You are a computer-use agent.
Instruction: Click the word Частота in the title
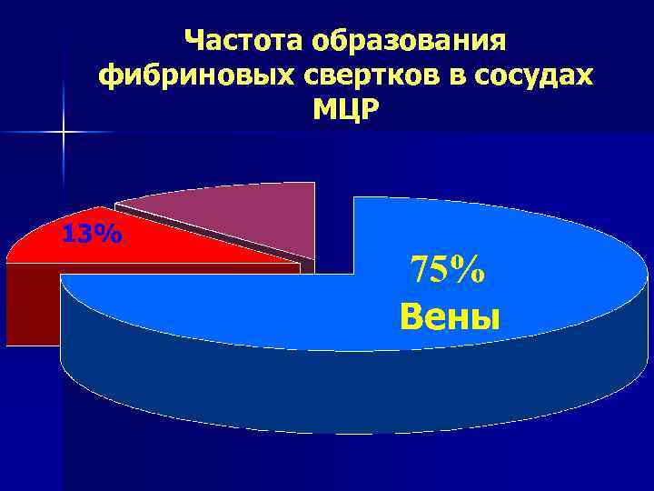[x=243, y=40]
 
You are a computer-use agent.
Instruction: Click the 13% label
[x=91, y=235]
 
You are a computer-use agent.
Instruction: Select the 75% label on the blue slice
[x=448, y=270]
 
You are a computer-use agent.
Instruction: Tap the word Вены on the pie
[x=450, y=317]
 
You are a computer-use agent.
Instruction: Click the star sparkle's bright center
[x=64, y=134]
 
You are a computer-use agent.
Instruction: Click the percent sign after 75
[x=471, y=270]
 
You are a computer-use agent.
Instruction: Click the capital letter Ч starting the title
[x=194, y=40]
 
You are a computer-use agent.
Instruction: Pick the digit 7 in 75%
[x=421, y=270]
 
